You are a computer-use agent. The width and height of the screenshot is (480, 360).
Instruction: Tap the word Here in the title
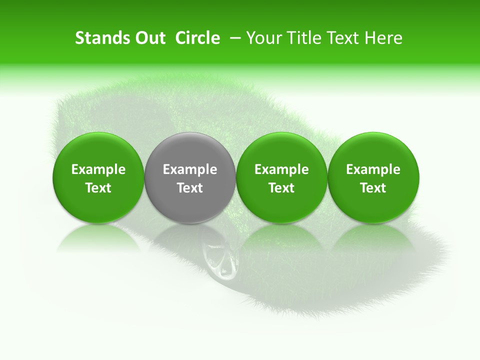(383, 38)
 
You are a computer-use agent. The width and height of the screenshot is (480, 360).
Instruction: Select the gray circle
(190, 177)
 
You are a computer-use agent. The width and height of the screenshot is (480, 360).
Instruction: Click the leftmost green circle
(98, 177)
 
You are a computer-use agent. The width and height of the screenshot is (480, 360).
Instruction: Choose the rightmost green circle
(373, 177)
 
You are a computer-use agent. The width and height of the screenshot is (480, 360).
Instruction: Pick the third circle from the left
(281, 177)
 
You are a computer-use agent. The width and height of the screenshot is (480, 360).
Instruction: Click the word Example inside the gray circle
(190, 169)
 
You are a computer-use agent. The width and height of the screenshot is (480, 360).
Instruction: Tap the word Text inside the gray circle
(190, 188)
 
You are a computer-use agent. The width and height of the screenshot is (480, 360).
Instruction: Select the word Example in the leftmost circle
(98, 169)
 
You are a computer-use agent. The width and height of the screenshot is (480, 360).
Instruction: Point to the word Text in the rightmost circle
(373, 188)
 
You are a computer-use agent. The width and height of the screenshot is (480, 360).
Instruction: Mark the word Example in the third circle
(281, 169)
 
